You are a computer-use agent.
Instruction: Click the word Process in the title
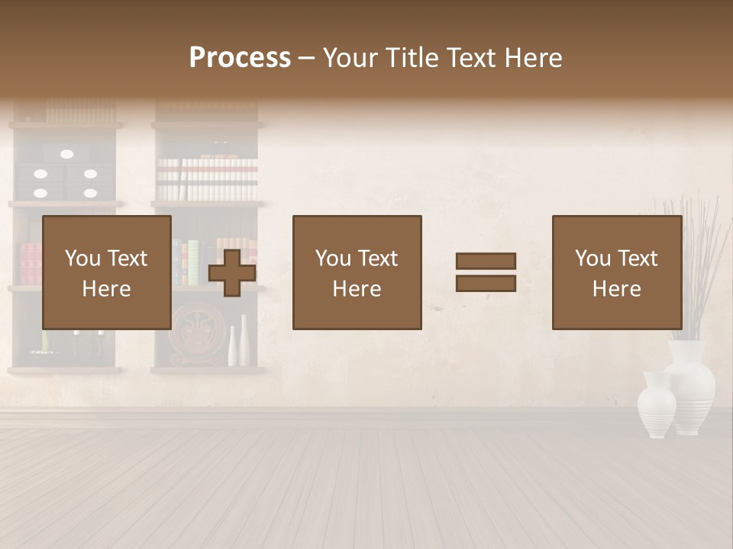point(240,58)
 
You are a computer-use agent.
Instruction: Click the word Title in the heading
point(412,58)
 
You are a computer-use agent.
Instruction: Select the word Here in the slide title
point(532,58)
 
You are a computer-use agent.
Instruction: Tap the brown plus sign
point(232,273)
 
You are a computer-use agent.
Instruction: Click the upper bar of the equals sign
point(486,262)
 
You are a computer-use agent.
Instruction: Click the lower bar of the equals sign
point(486,284)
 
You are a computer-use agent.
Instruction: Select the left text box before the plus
point(106,272)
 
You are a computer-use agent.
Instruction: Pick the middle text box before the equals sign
point(357,272)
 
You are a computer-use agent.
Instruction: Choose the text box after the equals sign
point(616,272)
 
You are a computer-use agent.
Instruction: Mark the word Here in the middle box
point(357,288)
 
